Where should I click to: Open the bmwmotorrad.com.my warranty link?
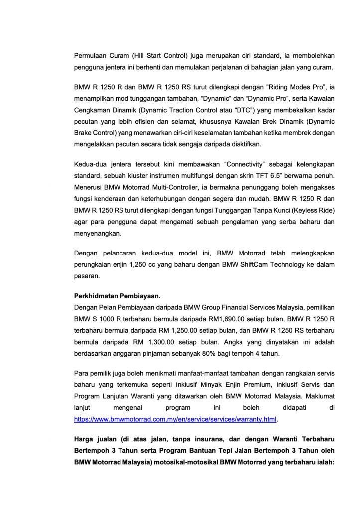coord(175,420)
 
